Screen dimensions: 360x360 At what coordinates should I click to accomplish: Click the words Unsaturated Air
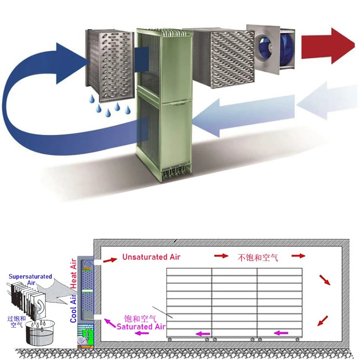(x=151, y=257)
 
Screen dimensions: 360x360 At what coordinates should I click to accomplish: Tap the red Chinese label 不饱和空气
(x=257, y=257)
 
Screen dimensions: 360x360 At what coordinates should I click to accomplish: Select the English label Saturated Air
(x=141, y=327)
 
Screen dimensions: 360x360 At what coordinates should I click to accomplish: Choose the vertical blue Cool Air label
(x=74, y=306)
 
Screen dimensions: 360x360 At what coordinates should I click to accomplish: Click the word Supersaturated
(x=30, y=276)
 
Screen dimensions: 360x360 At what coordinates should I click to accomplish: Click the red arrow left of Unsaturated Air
(x=109, y=260)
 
